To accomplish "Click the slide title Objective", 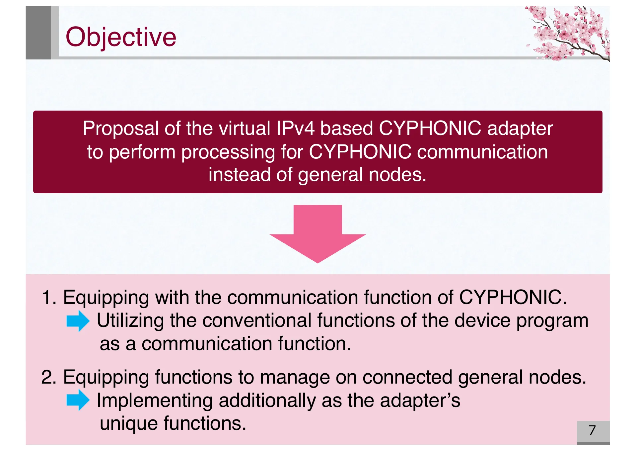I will pos(121,37).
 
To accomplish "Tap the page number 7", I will pos(592,430).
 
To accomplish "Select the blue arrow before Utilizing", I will pos(78,321).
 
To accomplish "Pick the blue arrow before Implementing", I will pos(78,400).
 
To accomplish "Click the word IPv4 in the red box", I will pos(295,128).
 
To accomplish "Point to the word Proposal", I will pos(121,128).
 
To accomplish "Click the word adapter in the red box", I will pos(520,129).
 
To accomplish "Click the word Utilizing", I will pos(130,321).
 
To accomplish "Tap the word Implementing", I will pos(155,401).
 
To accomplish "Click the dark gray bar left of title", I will pos(38,33).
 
